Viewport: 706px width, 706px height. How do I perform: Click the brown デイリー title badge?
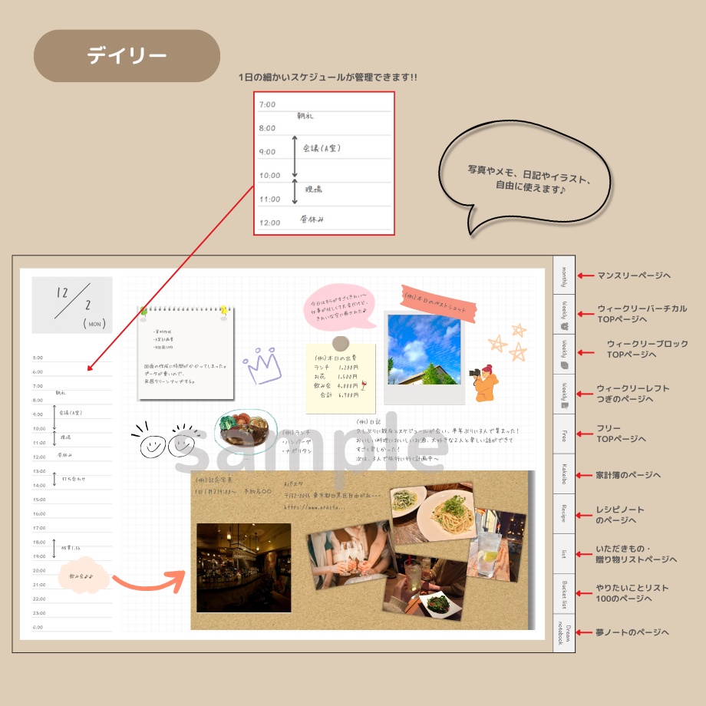(127, 56)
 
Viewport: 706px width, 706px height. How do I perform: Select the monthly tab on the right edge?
(564, 275)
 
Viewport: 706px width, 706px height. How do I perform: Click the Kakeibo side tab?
(564, 474)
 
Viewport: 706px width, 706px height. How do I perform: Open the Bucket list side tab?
(564, 594)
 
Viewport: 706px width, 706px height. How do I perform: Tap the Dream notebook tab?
(564, 633)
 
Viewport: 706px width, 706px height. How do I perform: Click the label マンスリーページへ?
(634, 275)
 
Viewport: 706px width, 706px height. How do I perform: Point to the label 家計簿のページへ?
(628, 475)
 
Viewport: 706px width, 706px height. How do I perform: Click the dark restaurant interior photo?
(244, 567)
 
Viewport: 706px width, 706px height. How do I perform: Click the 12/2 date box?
(72, 305)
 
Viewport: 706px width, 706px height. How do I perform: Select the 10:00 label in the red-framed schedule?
(270, 176)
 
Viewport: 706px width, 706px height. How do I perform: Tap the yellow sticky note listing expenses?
(341, 375)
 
